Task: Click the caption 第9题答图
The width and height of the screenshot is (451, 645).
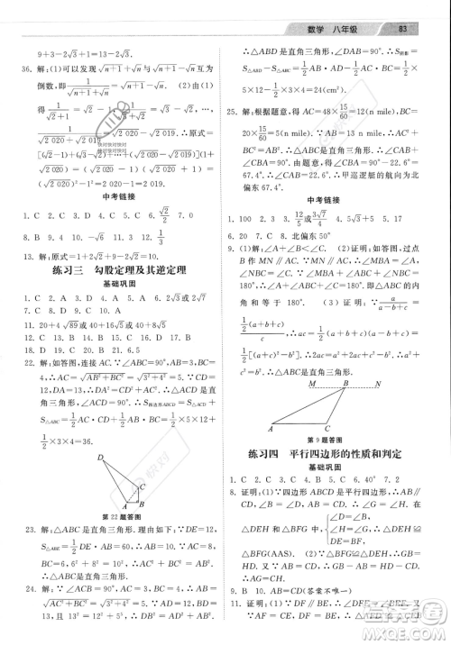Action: coord(327,438)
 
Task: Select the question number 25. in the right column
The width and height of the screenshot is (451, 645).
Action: coord(238,109)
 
